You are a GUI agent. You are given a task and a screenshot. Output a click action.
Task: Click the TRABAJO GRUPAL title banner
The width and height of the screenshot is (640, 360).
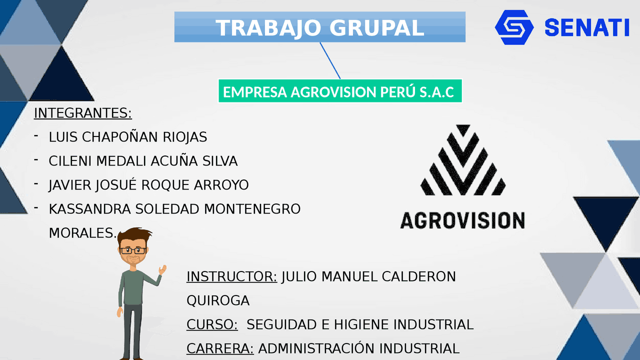click(320, 27)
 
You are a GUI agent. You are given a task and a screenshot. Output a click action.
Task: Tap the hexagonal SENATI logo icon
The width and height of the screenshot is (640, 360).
click(514, 27)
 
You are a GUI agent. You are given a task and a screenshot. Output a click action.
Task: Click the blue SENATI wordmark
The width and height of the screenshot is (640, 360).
click(586, 27)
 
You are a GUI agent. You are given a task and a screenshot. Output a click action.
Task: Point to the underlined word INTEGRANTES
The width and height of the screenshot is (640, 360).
click(82, 113)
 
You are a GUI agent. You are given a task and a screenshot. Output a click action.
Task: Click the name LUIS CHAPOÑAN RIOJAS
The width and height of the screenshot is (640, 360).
click(127, 137)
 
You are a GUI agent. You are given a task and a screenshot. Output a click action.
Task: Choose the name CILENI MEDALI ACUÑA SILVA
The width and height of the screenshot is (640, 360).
click(143, 161)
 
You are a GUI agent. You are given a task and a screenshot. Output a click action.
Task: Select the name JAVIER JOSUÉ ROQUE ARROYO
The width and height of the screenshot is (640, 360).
click(148, 185)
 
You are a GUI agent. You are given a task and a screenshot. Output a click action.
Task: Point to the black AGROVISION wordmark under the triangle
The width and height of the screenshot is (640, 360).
click(462, 220)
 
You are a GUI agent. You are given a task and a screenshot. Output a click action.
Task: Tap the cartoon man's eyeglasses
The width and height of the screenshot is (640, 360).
click(132, 250)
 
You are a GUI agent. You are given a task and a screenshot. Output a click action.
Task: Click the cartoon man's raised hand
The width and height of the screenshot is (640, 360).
click(162, 270)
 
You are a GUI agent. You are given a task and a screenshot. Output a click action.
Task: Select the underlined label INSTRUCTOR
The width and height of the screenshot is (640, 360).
click(231, 276)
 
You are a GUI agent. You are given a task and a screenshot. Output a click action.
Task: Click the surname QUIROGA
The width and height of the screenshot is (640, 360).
click(218, 300)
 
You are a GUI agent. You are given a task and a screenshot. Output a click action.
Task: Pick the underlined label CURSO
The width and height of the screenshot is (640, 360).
click(212, 324)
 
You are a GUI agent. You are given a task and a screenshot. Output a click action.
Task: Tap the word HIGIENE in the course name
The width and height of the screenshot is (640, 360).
click(360, 324)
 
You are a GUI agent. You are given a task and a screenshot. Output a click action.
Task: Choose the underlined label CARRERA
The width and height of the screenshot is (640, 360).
click(220, 348)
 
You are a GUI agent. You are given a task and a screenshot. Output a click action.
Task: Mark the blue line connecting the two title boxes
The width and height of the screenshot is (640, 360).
click(330, 60)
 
